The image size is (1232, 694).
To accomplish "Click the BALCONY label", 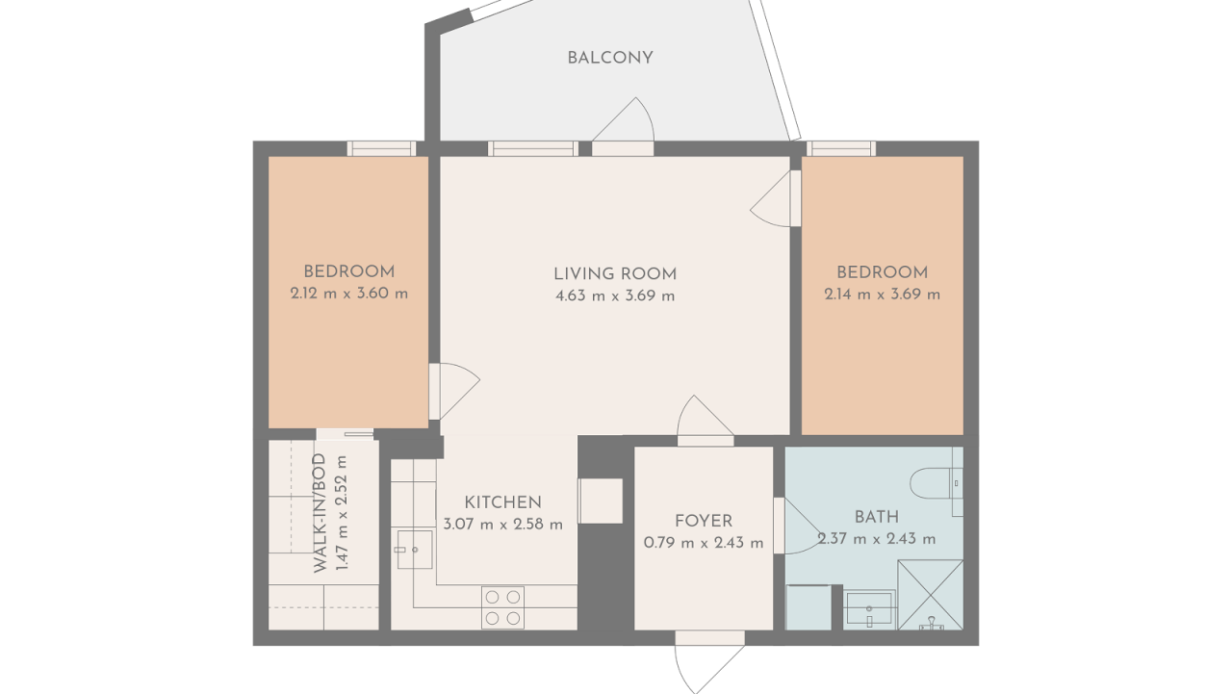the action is (x=610, y=58).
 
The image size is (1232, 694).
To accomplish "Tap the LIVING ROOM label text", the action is (x=615, y=274).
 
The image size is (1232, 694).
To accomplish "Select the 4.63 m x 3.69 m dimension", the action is (x=615, y=296).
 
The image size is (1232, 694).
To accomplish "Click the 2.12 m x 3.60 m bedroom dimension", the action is (x=349, y=294).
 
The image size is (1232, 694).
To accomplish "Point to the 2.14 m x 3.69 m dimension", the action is (x=883, y=295).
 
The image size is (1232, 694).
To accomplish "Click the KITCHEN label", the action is (x=502, y=502).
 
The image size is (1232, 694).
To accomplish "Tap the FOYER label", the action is (x=704, y=521).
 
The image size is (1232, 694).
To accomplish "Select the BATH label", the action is (x=877, y=517).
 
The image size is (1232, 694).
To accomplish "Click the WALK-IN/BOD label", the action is (x=320, y=513).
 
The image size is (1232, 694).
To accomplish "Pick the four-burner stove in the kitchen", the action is (x=502, y=607).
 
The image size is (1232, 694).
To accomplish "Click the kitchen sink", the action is (x=415, y=549).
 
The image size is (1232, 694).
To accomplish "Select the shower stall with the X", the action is (x=931, y=595).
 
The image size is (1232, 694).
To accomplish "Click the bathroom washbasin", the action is (x=869, y=609).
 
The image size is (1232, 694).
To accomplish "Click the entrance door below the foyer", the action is (x=709, y=662).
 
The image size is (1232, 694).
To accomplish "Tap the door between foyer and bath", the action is (x=798, y=526).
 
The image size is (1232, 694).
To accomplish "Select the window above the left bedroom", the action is (x=382, y=148).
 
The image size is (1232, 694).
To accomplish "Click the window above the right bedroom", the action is (x=841, y=148).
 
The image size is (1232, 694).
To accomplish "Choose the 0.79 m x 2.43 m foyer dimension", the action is (x=704, y=543).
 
